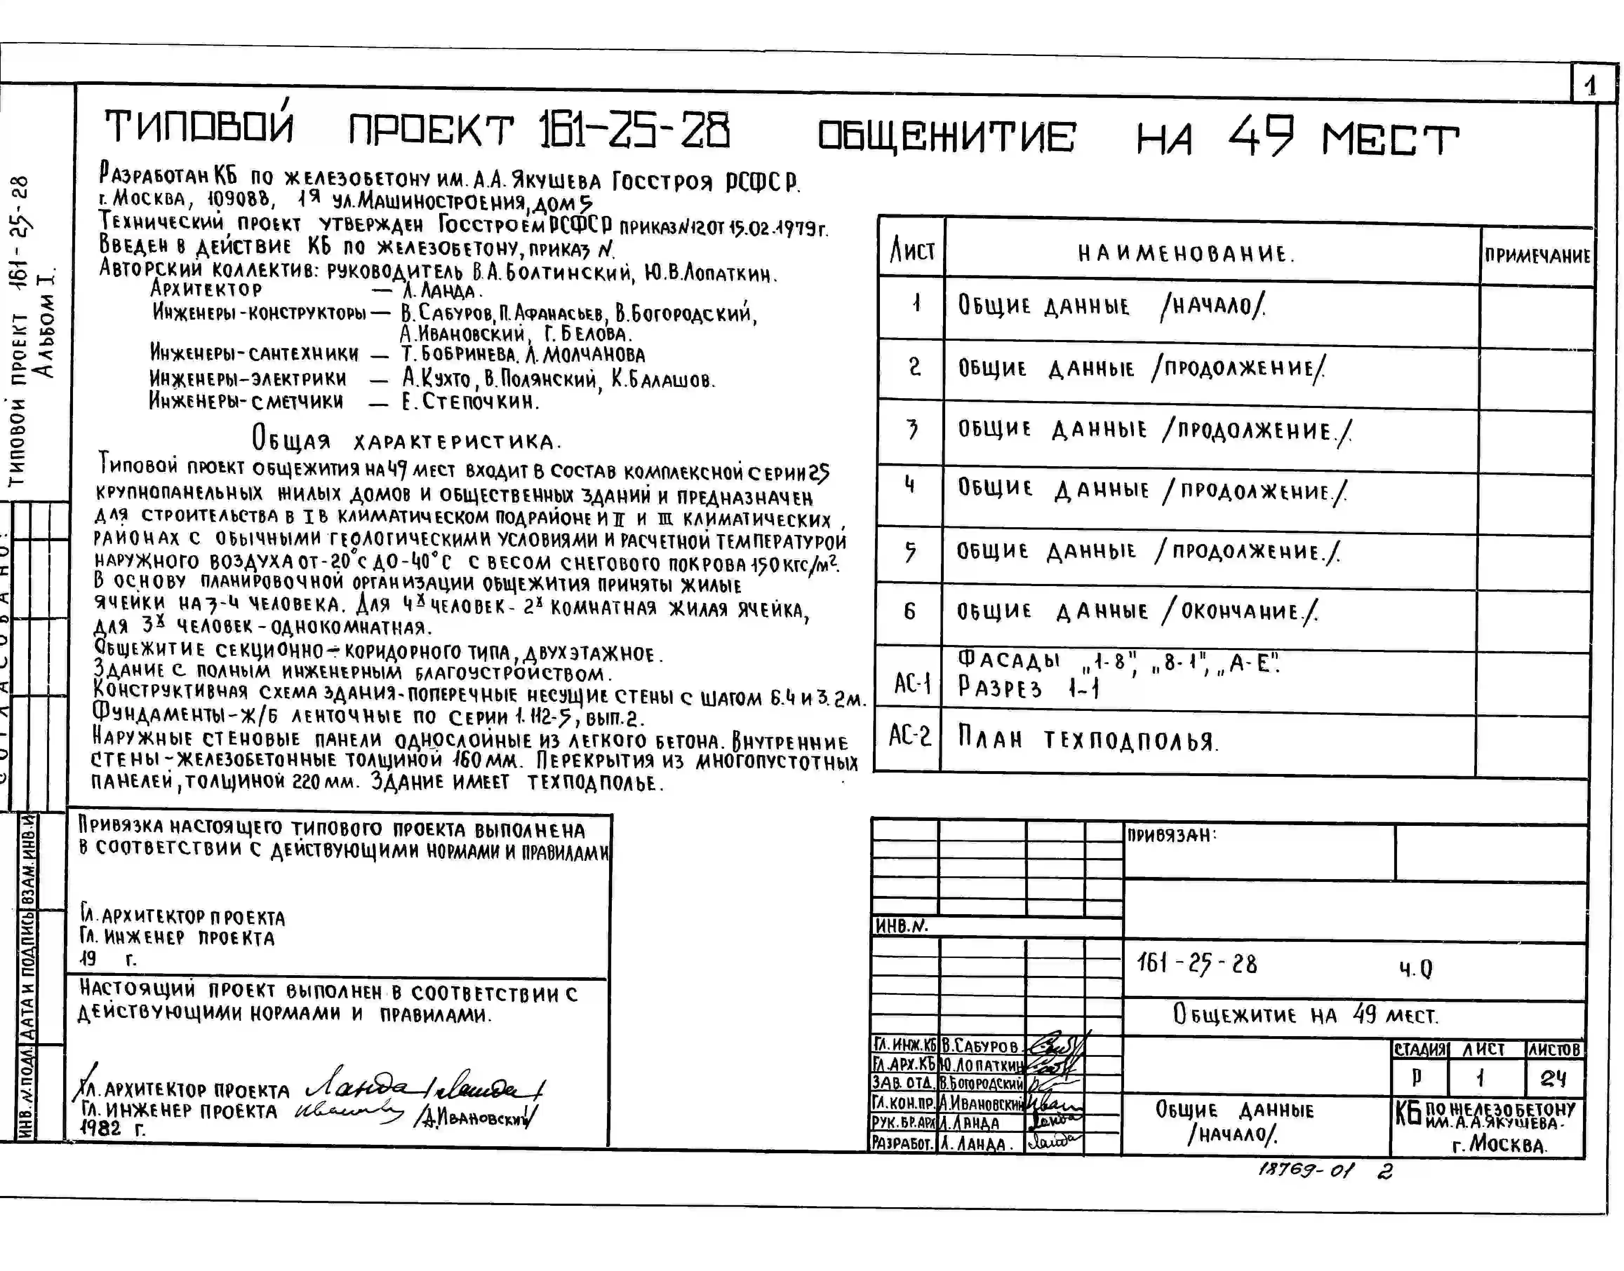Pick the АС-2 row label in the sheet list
point(909,736)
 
